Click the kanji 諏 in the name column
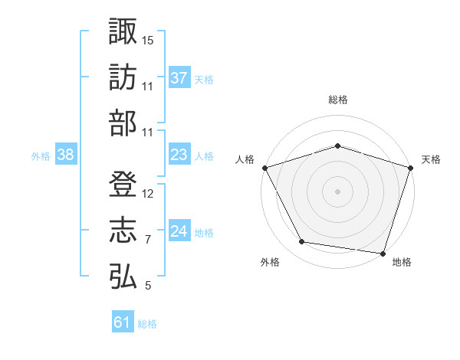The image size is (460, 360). coord(123,31)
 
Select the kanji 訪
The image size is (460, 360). coord(123,77)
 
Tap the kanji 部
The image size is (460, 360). coord(123,123)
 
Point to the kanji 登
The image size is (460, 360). coord(123,184)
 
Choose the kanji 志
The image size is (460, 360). coord(123,230)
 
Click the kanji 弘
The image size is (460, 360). coord(123,277)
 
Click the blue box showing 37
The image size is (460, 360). coord(179,77)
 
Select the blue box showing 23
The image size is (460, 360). coord(179,154)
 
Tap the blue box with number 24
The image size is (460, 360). coord(179,230)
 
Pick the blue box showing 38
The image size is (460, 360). coord(66,154)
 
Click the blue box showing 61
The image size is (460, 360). coord(123,321)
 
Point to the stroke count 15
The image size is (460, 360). coord(147,41)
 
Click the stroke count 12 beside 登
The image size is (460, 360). coord(147,194)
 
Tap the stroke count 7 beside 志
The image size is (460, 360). coord(148,240)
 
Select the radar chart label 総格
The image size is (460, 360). coord(338,100)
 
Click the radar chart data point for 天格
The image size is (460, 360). coord(410,168)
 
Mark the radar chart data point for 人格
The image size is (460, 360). coord(265,168)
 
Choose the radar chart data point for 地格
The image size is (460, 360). coord(383,254)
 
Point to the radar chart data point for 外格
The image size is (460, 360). coord(301,241)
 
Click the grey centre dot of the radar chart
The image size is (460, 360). coord(337,191)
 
